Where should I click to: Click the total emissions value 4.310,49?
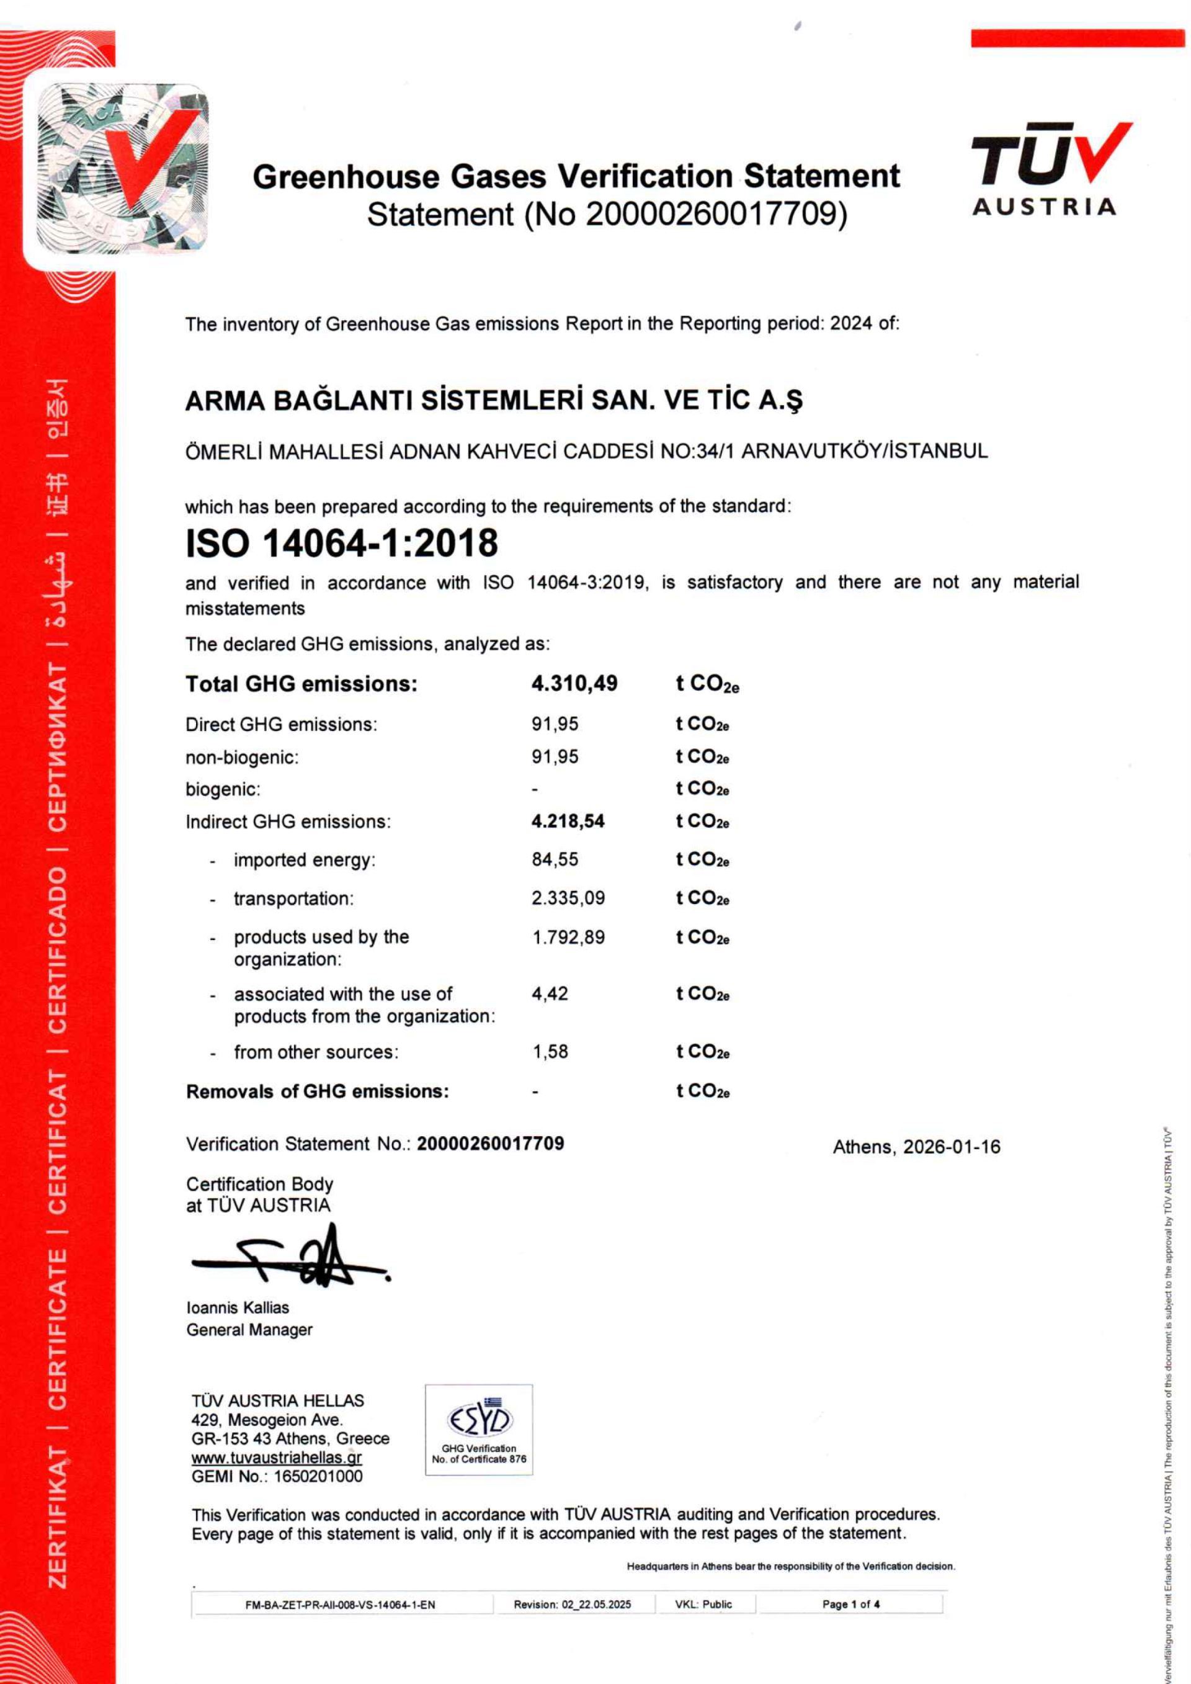[x=574, y=684]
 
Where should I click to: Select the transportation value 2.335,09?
[x=568, y=898]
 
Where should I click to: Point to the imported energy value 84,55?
[x=555, y=859]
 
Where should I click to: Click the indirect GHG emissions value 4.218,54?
[x=568, y=821]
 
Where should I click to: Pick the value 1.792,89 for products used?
[x=568, y=936]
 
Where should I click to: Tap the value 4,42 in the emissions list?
[x=550, y=993]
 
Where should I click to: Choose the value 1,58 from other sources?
[x=550, y=1051]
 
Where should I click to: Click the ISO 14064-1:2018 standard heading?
[x=342, y=544]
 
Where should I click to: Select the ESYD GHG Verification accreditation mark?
[x=479, y=1430]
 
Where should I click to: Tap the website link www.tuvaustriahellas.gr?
[x=277, y=1458]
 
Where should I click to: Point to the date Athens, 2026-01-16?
[x=916, y=1147]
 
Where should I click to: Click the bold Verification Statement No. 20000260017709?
[x=490, y=1144]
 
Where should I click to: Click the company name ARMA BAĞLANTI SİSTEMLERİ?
[x=494, y=400]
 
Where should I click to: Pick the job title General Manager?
[x=249, y=1329]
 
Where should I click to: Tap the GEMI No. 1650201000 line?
[x=277, y=1476]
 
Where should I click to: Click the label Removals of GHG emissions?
[x=318, y=1091]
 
